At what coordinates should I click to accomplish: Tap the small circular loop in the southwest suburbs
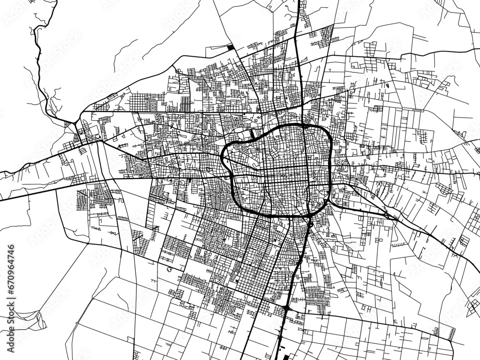tap(169, 269)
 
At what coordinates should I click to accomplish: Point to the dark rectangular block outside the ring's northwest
tap(253, 134)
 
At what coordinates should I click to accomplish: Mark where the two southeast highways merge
tap(386, 212)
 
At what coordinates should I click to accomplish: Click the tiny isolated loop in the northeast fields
tap(386, 85)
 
